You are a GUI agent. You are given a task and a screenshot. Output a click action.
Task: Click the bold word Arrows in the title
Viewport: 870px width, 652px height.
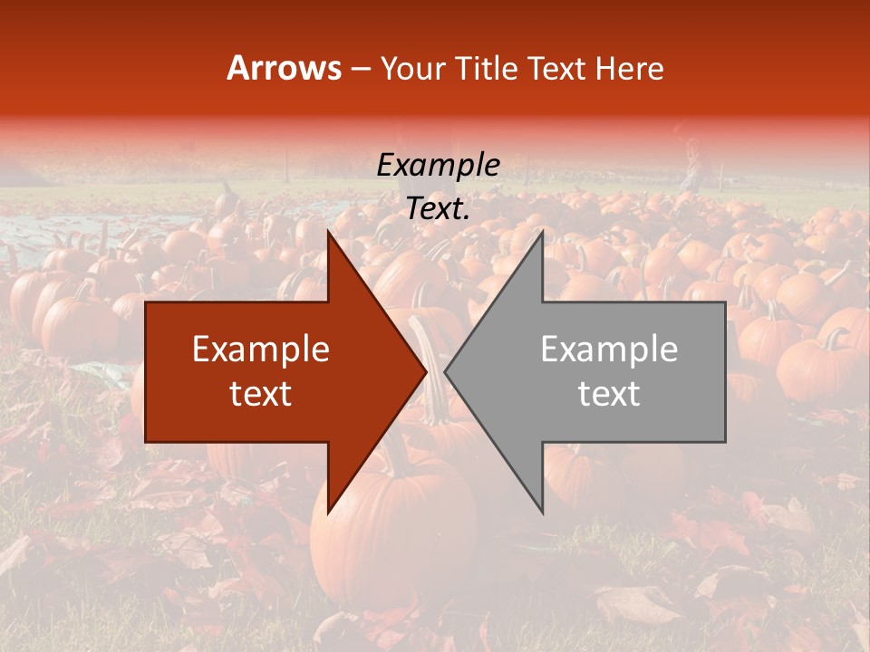pyautogui.click(x=284, y=68)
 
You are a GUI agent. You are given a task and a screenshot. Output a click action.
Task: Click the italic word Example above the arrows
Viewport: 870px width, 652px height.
pyautogui.click(x=438, y=166)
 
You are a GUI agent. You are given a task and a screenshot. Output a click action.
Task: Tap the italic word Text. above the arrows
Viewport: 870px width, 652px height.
pyautogui.click(x=438, y=209)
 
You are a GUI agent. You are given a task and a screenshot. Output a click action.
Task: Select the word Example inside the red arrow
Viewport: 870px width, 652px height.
pyautogui.click(x=261, y=350)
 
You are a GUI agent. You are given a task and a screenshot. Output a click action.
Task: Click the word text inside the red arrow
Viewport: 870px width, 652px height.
pyautogui.click(x=261, y=394)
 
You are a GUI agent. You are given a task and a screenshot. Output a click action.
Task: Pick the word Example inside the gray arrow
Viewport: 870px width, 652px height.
pyautogui.click(x=609, y=350)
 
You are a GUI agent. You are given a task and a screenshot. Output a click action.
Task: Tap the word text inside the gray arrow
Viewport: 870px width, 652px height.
pyautogui.click(x=609, y=394)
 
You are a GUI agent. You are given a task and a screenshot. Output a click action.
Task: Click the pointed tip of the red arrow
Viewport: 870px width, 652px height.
pyautogui.click(x=426, y=371)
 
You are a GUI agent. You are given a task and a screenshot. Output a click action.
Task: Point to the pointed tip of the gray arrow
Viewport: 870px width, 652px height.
pyautogui.click(x=445, y=371)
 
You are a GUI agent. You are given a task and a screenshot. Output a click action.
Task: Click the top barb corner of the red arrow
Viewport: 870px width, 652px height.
pyautogui.click(x=328, y=232)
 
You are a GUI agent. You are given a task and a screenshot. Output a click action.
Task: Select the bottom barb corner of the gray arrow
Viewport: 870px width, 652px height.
pyautogui.click(x=543, y=513)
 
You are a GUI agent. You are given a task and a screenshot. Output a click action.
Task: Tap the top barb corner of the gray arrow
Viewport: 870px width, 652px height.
pyautogui.click(x=543, y=232)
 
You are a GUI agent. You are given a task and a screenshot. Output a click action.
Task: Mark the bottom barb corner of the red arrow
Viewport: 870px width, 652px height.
pyautogui.click(x=328, y=513)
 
